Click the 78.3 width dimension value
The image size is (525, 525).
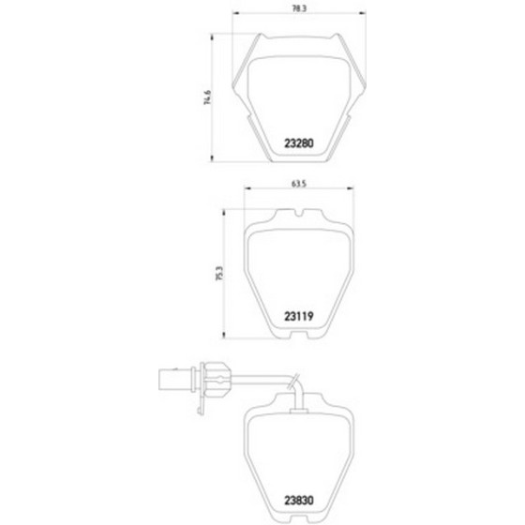click(299, 8)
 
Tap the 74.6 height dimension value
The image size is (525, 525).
click(207, 97)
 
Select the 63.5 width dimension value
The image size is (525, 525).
click(299, 184)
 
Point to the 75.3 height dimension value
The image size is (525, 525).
click(219, 273)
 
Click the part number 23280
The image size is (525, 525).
click(299, 143)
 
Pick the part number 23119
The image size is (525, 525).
click(299, 317)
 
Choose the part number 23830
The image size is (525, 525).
click(299, 501)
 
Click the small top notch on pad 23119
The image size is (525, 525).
click(299, 213)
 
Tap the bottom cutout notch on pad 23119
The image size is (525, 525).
click(299, 335)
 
